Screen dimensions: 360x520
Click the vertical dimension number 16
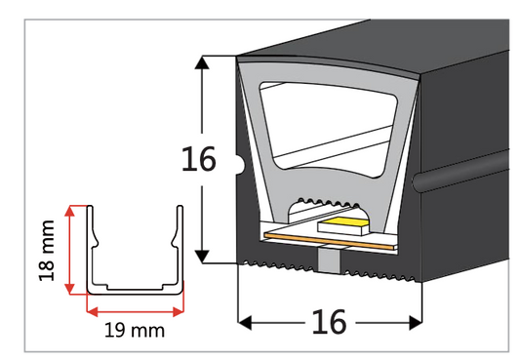[x=198, y=159]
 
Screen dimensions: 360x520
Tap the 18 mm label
[x=46, y=251]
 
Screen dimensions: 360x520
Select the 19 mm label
[x=134, y=330]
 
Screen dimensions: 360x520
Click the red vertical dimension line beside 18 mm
[x=69, y=250]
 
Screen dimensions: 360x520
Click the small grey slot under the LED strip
[x=329, y=256]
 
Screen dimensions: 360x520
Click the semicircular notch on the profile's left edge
[x=241, y=159]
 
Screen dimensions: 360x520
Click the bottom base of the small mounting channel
[x=135, y=291]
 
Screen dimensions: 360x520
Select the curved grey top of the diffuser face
[x=332, y=71]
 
